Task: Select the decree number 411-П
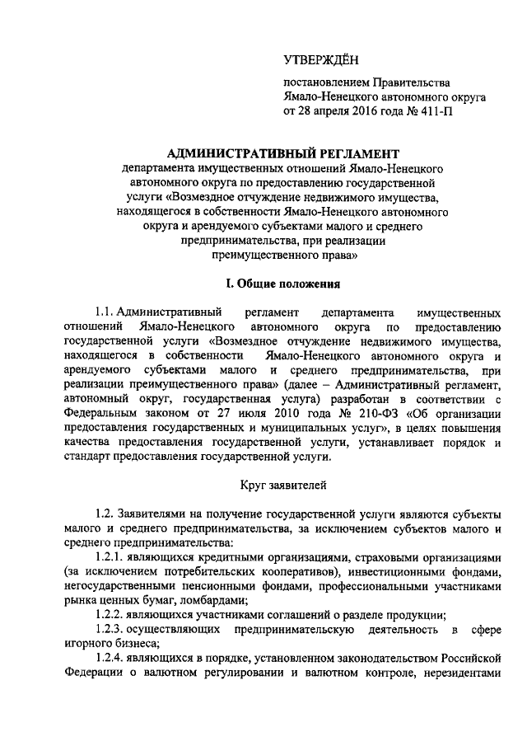click(x=437, y=111)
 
